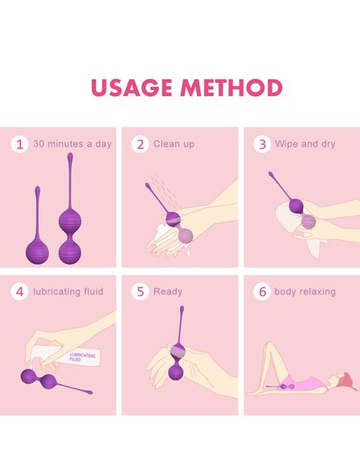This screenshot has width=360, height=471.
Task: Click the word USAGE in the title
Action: coord(132,88)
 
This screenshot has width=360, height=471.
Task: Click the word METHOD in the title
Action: coord(231,88)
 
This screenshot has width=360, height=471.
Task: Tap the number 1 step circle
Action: coord(20,144)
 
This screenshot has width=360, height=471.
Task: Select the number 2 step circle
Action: coord(140,144)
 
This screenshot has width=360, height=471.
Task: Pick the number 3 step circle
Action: coord(262,144)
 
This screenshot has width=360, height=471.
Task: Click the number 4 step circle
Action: coord(20,291)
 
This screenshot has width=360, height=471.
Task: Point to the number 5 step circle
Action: coord(140,291)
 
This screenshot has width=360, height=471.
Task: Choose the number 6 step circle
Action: coord(262,291)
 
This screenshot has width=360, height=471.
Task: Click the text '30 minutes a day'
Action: coord(72,144)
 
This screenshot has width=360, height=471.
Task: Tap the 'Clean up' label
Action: coord(174,144)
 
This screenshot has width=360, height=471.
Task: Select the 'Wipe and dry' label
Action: coord(305,144)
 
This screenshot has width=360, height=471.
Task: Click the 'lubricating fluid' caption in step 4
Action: coord(68,291)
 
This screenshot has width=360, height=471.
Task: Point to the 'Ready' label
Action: coord(168,291)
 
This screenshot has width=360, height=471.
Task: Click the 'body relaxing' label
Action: coord(305,291)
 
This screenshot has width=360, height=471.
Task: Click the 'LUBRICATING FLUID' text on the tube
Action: coord(82,357)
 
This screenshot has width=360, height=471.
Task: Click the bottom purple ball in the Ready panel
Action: coord(176,372)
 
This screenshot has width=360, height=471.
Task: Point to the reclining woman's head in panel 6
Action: coord(344,380)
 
